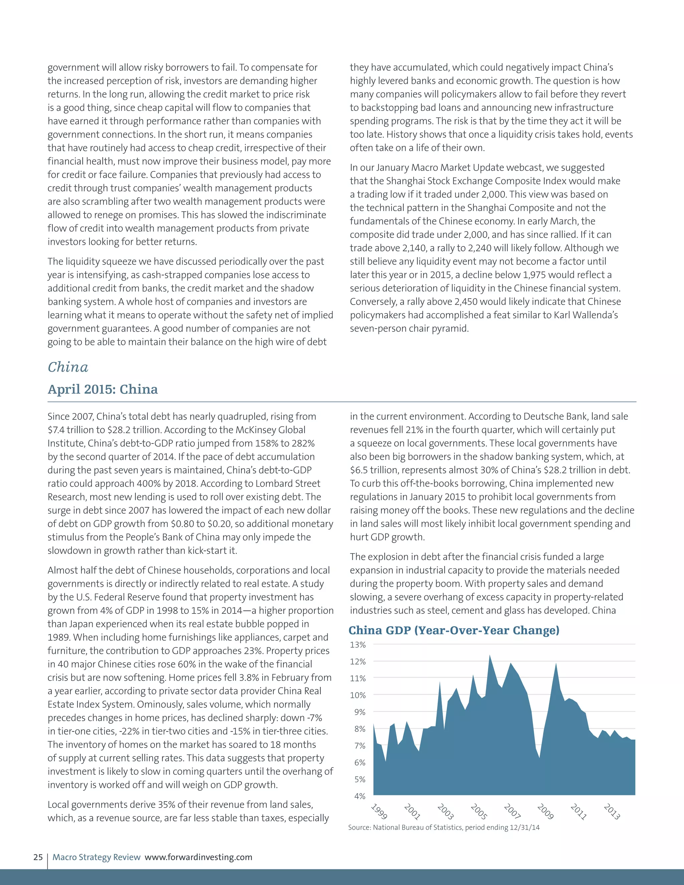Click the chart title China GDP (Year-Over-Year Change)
[x=454, y=630]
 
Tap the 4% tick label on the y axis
[x=360, y=796]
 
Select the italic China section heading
[x=68, y=367]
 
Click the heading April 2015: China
[x=103, y=389]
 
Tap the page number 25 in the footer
[x=38, y=857]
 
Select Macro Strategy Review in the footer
[x=97, y=857]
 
